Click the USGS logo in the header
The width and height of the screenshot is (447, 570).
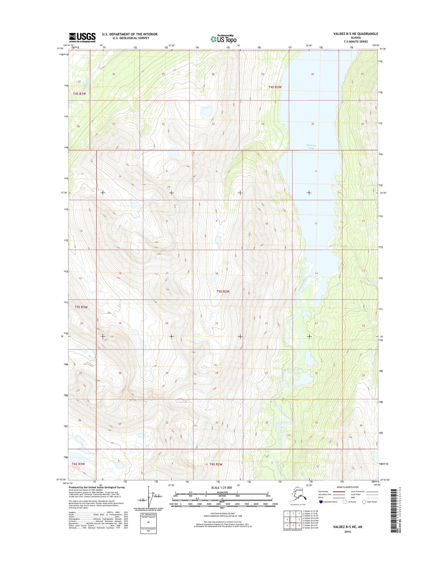tap(82, 37)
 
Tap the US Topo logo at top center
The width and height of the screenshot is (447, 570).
tap(223, 39)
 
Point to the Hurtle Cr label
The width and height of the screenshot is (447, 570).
tap(334, 245)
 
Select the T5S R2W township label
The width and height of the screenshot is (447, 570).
tap(223, 291)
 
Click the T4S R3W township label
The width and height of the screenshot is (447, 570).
tap(80, 93)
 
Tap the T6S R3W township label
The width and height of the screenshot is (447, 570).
tap(78, 464)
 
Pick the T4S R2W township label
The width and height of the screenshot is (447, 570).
tap(275, 87)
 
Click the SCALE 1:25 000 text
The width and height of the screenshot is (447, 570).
tap(221, 488)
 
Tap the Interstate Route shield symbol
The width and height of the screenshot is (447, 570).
tap(321, 502)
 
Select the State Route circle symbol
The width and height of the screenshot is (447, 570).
tap(364, 502)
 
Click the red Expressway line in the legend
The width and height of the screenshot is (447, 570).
tap(339, 491)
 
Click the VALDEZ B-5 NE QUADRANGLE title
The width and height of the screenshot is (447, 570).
tap(355, 34)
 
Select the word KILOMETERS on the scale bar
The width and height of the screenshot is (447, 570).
tap(221, 492)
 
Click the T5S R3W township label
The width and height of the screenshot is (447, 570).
tap(81, 307)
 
